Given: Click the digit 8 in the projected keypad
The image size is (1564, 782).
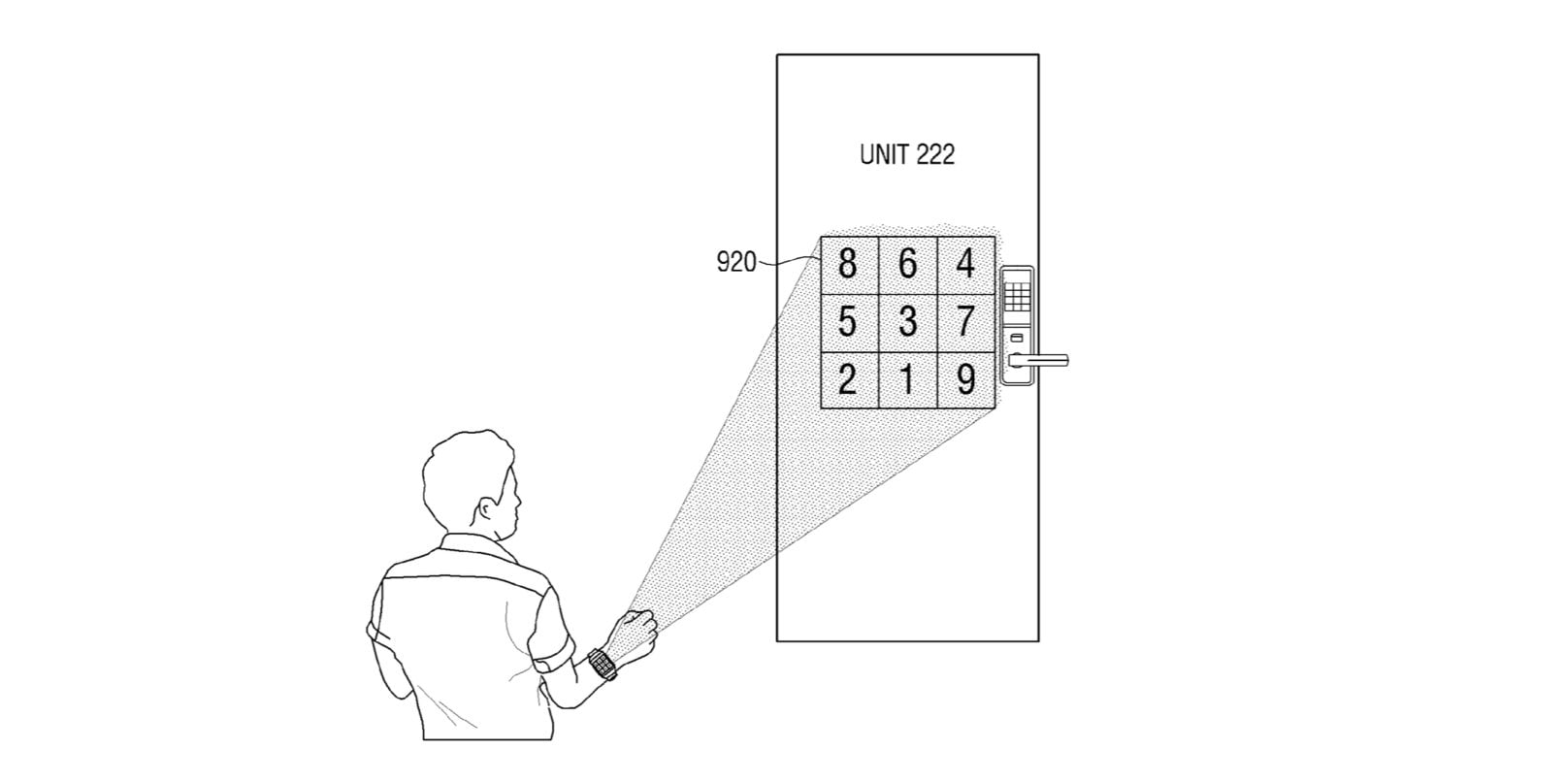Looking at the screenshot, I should coord(847,263).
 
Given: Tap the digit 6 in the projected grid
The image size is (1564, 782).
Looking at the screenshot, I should coord(907,263).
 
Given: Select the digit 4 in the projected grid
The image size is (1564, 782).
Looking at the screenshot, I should coord(964,263).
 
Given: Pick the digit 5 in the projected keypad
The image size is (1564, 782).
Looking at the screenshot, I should coord(847,321).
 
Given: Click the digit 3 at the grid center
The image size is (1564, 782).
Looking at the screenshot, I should coord(907,321).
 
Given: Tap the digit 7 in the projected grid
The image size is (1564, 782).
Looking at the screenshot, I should coord(964,321).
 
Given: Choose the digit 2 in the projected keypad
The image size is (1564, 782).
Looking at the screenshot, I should coord(847,379).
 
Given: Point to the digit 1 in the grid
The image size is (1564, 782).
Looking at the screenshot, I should coord(907,379).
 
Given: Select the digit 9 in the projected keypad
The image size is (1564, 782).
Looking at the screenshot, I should coord(964,379).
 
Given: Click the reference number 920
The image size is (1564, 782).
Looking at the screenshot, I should coord(735,262).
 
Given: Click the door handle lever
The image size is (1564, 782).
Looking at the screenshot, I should coord(1043,361).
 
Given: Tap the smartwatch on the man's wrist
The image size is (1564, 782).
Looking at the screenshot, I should coord(602,666).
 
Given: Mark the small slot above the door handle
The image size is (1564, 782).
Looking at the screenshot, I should coord(1017,337).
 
